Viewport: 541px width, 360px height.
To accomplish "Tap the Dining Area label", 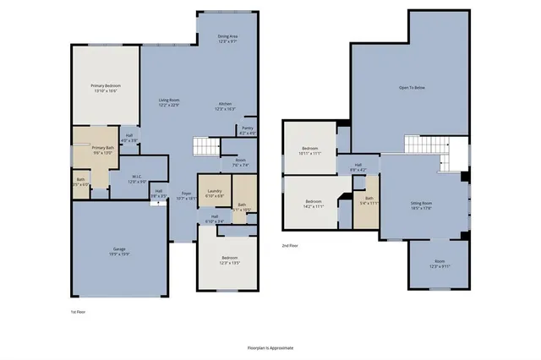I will [227, 36].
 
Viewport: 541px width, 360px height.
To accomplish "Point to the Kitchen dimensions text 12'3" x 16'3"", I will [224, 110].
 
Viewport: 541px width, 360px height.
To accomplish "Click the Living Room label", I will [169, 101].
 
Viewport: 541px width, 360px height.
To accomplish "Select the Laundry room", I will [214, 191].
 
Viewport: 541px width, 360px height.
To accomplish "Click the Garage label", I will [120, 248].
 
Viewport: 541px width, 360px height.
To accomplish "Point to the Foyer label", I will [185, 194].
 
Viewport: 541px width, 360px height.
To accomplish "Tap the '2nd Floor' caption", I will [290, 245].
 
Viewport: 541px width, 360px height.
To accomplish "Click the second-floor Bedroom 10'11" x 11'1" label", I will [309, 150].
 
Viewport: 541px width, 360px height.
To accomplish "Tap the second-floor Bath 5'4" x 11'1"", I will [367, 201].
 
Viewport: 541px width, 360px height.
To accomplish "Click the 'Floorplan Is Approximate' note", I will [269, 347].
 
